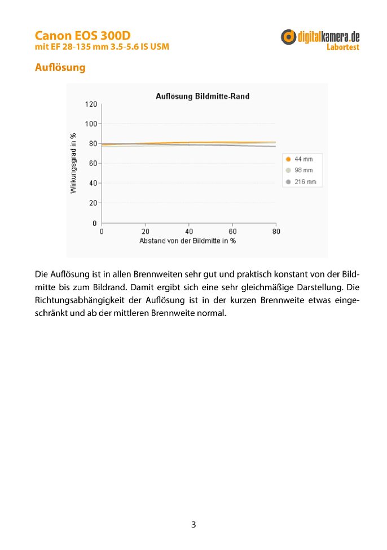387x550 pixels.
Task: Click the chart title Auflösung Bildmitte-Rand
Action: click(x=203, y=97)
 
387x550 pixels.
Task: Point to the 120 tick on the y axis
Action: click(x=91, y=104)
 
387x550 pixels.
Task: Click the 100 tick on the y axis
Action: click(x=91, y=124)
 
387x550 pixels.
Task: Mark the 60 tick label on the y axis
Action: click(x=93, y=163)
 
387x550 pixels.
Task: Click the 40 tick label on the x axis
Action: click(x=189, y=232)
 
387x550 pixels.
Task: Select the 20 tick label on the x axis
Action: click(x=145, y=232)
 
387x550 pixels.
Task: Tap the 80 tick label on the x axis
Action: click(x=276, y=232)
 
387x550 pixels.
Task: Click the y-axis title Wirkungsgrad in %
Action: click(x=73, y=163)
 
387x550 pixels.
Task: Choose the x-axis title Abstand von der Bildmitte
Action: click(x=187, y=241)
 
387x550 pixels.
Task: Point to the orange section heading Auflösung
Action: click(x=60, y=68)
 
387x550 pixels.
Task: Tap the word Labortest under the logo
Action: click(x=343, y=47)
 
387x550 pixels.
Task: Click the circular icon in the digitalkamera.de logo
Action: click(x=289, y=37)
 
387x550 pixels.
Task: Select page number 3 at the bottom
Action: click(x=194, y=525)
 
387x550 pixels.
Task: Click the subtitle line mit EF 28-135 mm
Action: click(x=102, y=46)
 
